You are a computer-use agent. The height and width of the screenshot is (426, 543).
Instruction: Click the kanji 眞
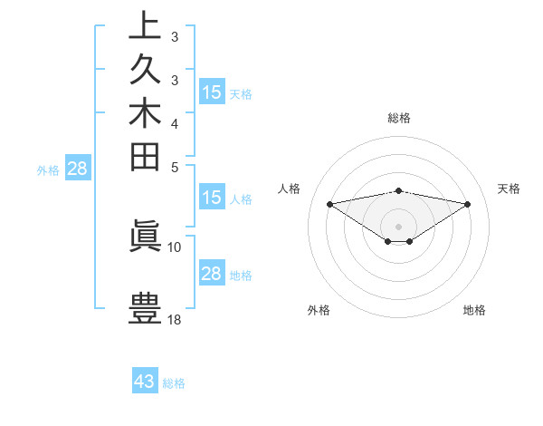[145, 234]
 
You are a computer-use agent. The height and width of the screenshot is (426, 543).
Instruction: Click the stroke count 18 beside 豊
[175, 319]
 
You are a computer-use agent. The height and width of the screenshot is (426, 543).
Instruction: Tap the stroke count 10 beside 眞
[175, 247]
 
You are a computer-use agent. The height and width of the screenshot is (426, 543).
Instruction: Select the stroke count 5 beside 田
[175, 168]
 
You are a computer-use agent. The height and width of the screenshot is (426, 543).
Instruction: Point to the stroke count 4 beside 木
[175, 123]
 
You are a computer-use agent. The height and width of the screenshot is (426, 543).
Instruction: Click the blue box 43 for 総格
[145, 382]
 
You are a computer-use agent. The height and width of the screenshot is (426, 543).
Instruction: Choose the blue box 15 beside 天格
[211, 92]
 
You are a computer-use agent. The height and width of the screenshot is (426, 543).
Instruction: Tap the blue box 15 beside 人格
[211, 198]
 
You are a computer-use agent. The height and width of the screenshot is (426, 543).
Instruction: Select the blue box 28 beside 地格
[211, 274]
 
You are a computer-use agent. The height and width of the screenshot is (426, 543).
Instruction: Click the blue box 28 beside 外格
[77, 168]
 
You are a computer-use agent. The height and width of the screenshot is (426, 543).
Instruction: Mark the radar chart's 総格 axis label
[398, 118]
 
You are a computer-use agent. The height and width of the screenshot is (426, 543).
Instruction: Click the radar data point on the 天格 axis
[468, 204]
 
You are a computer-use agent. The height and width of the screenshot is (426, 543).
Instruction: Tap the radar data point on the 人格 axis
[329, 203]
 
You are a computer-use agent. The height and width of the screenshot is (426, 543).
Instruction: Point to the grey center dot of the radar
[398, 226]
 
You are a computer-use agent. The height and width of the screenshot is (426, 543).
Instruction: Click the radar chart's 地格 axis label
[474, 311]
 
